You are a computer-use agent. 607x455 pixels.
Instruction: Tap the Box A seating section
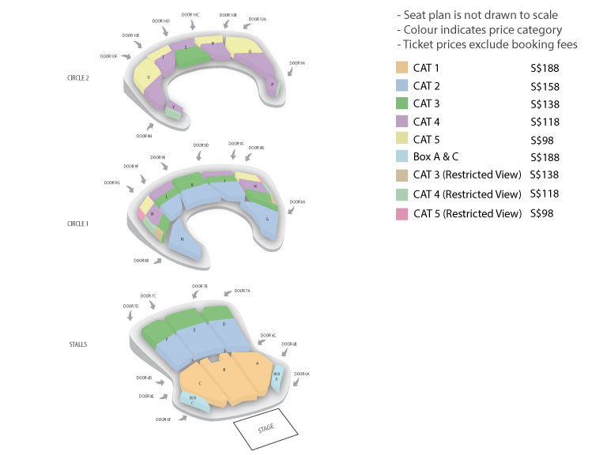point(277,377)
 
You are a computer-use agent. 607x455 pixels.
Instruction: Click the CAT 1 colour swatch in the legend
point(402,68)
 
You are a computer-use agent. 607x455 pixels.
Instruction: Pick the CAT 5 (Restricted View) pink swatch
point(402,213)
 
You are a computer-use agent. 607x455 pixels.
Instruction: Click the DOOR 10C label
point(190,14)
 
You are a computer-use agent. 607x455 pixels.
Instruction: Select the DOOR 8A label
point(297,202)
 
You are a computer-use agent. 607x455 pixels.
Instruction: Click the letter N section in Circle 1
point(183,240)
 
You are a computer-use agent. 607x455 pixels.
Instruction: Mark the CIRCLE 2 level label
point(77,77)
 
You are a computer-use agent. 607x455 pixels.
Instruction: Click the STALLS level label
point(77,344)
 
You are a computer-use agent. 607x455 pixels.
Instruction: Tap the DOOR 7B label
point(200,286)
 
